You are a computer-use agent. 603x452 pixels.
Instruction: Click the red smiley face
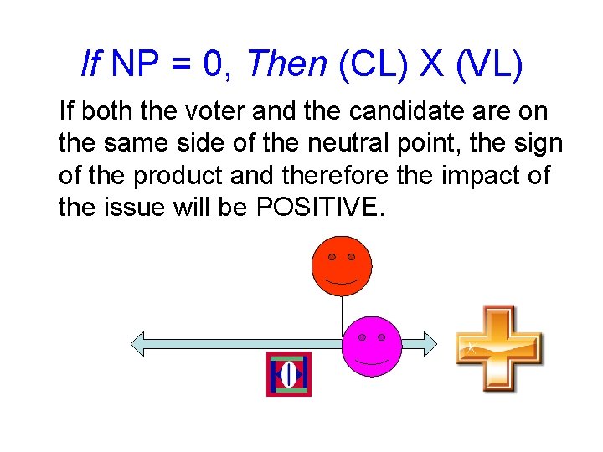click(x=341, y=267)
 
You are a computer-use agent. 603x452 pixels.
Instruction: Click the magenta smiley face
click(x=372, y=346)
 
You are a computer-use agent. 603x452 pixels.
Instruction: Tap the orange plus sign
click(x=498, y=349)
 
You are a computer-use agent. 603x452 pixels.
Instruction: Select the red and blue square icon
click(x=289, y=374)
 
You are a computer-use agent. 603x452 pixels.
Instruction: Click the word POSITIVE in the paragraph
click(x=317, y=207)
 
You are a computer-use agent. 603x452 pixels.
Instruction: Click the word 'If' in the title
click(x=90, y=64)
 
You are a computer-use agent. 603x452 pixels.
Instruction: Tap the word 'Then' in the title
click(x=286, y=64)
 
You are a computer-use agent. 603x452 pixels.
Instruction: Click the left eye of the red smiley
click(x=332, y=256)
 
